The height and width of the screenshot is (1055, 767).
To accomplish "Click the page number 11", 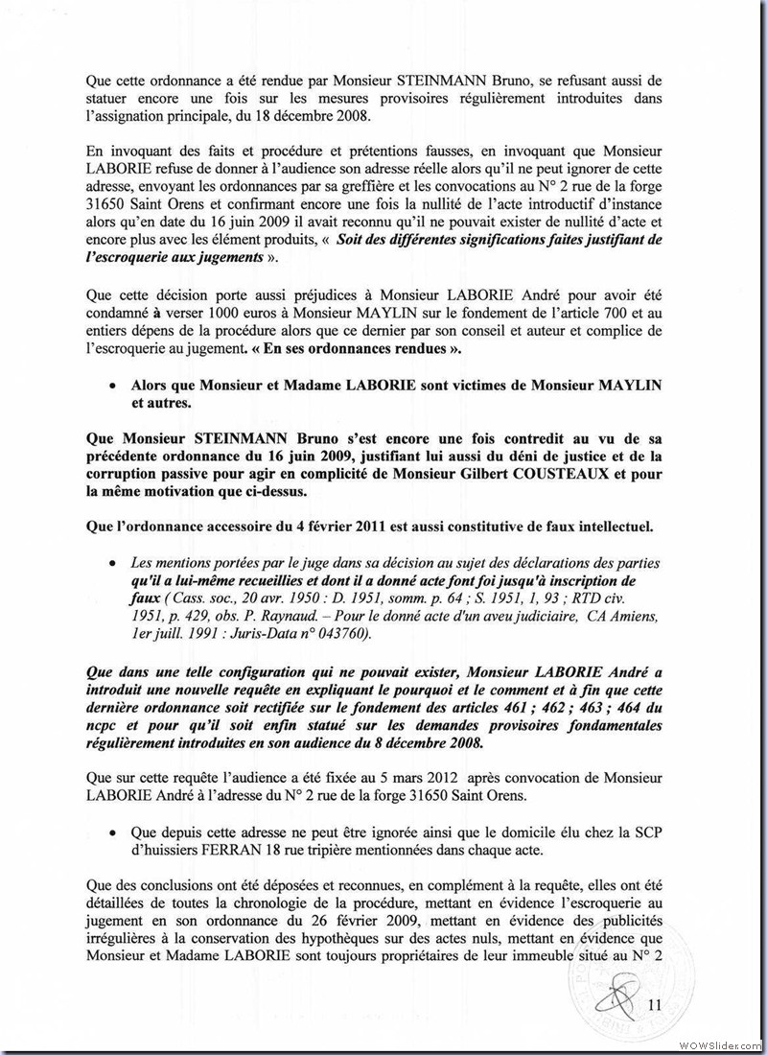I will click(656, 1005).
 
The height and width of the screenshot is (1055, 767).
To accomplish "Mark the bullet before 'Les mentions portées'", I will click(114, 563).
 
